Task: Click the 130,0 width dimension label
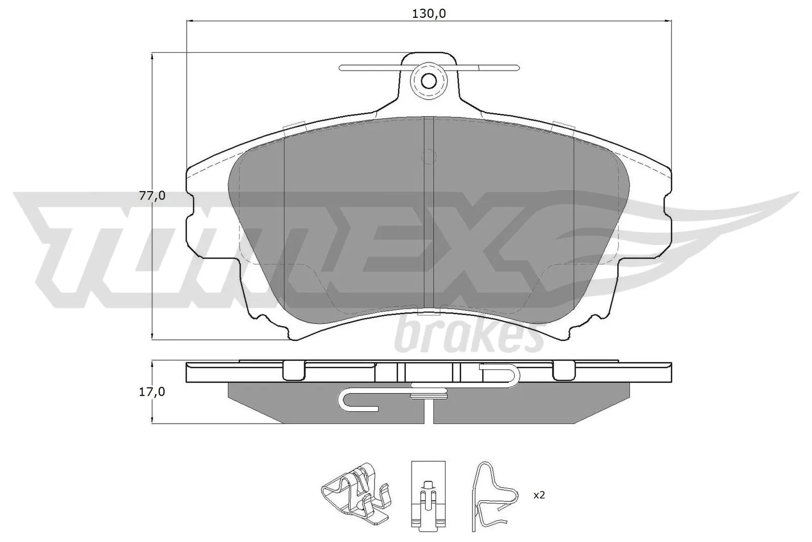tap(428, 14)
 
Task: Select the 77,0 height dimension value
tap(152, 196)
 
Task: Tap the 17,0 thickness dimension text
tap(152, 392)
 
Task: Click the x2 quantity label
tap(539, 495)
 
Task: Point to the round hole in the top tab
tap(429, 81)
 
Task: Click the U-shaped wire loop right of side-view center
tap(500, 375)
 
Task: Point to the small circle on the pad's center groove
tap(429, 157)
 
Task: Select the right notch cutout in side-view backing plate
tap(563, 370)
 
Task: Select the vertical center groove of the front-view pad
tap(429, 213)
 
